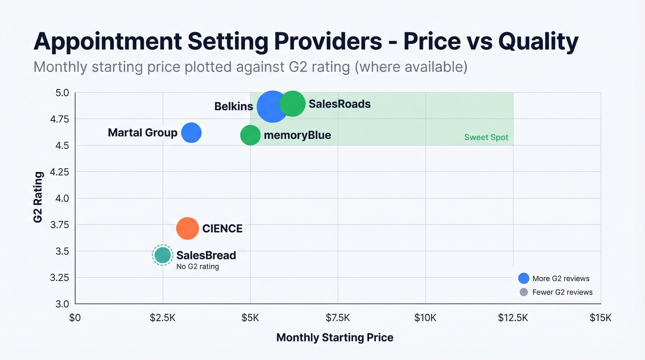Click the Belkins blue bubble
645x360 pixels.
point(273,106)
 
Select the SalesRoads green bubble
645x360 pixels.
point(293,104)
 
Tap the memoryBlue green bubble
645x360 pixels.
point(250,136)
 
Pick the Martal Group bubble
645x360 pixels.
point(191,133)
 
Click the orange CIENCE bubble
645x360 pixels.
point(188,228)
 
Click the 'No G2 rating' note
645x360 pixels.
point(198,266)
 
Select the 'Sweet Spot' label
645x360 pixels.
point(486,137)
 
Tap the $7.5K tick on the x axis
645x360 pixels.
point(338,318)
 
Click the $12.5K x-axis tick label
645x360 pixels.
point(513,318)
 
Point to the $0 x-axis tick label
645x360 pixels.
point(75,318)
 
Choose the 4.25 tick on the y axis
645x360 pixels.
point(59,172)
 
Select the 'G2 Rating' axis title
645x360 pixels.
point(38,197)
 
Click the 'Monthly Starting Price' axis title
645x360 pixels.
point(335,337)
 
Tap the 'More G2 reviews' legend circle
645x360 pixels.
point(523,278)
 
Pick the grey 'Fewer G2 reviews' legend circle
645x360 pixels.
point(523,292)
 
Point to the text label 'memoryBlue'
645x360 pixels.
point(297,136)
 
